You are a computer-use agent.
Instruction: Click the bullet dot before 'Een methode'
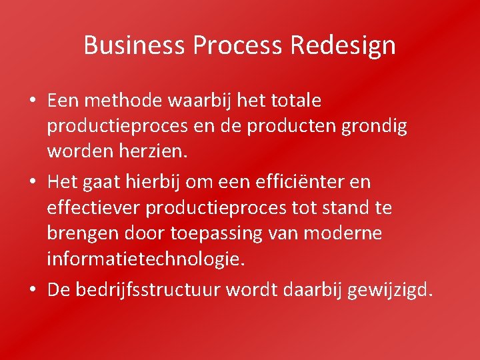[x=32, y=101]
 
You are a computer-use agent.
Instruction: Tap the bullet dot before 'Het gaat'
[x=32, y=182]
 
